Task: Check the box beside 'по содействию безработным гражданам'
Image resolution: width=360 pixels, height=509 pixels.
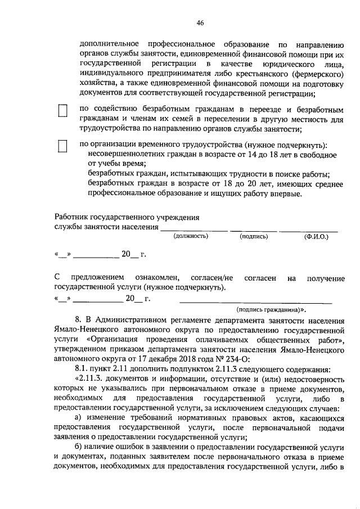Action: point(63,111)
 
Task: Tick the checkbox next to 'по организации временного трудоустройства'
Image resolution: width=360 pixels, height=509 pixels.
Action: point(63,147)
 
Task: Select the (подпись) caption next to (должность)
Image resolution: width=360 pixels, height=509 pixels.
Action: point(253,236)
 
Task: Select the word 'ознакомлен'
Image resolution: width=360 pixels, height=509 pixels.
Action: point(157,278)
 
